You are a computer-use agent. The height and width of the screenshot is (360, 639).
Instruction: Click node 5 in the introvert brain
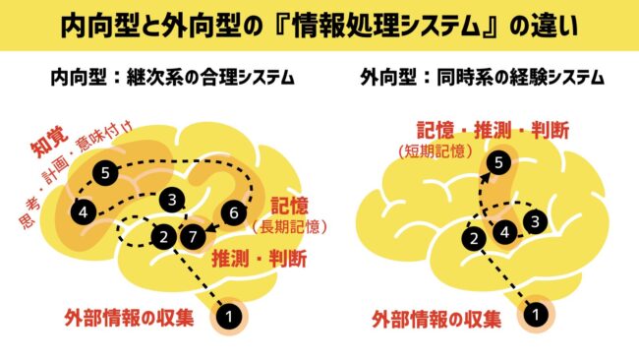105,173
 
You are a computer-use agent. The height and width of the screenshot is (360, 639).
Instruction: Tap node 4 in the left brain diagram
84,212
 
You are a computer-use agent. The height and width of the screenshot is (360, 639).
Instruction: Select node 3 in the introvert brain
172,201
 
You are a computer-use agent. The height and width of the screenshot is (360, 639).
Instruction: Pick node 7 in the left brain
193,236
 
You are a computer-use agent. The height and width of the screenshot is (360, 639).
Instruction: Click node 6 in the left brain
234,212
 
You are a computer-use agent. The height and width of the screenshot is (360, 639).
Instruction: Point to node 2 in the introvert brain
164,236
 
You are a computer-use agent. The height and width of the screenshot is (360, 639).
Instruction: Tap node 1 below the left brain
229,317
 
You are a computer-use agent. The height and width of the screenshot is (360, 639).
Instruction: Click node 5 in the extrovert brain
498,163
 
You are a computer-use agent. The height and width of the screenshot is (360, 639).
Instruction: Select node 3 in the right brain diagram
535,221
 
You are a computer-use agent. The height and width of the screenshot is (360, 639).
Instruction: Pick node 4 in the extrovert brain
505,232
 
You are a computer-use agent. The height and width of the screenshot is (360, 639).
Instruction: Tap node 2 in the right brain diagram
474,238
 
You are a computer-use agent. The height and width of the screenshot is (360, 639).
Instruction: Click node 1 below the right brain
536,315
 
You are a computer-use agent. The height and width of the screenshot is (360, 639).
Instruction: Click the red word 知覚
50,142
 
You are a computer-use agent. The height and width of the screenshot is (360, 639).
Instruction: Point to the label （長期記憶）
289,226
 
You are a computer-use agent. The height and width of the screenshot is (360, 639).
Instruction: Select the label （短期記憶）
436,151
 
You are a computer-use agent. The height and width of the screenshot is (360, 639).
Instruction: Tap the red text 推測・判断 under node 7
260,259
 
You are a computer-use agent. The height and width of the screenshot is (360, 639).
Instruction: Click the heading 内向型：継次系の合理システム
172,77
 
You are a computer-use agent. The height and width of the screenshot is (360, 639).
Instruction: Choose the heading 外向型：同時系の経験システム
482,77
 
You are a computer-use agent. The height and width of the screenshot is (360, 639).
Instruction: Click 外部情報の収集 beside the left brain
129,318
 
